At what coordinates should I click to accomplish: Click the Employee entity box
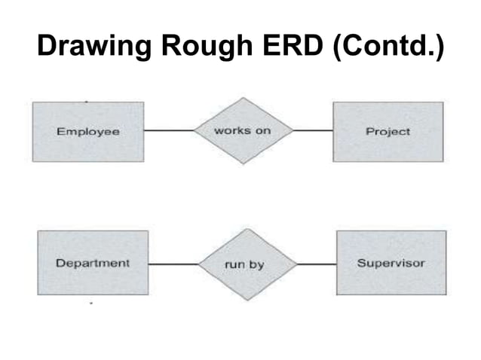point(87,131)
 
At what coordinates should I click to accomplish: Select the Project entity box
point(388,131)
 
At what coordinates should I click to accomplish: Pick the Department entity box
point(92,263)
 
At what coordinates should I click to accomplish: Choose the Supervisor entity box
point(391,263)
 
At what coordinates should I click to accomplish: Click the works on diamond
point(242,130)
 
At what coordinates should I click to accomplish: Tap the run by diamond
point(246,264)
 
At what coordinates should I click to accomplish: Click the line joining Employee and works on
point(168,130)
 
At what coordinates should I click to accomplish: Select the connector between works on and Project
point(312,130)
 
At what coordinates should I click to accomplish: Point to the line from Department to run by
point(173,264)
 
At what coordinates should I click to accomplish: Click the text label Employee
point(87,132)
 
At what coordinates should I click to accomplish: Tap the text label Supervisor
point(391,264)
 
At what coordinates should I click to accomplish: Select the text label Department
point(92,264)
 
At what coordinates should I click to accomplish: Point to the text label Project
point(388,132)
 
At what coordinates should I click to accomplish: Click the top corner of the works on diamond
point(242,98)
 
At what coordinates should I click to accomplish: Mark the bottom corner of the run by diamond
point(246,299)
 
